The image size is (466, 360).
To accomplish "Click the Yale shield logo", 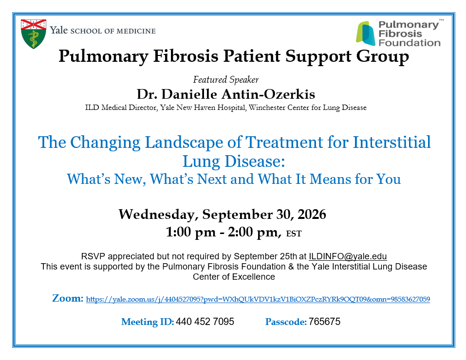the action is point(34,34).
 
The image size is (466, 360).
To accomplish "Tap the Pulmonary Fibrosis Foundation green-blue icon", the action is point(366,33).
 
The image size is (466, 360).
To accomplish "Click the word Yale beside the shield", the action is point(59,30).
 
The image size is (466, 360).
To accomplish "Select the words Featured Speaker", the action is point(226,80).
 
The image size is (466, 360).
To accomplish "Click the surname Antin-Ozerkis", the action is point(268,94).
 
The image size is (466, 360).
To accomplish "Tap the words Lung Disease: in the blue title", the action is point(234,162).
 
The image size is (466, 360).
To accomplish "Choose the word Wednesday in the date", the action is point(157,215).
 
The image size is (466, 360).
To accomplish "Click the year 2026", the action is point(312,214).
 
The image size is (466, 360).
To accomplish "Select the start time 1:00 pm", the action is point(191,232).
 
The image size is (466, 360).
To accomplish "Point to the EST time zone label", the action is point(294,234).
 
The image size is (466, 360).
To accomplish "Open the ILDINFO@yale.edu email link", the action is point(348,256).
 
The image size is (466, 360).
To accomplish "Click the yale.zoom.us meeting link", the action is point(258,299).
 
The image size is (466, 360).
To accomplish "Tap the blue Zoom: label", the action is point(68,298).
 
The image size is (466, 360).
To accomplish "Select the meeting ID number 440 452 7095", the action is point(205,322).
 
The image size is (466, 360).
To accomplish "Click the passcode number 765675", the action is point(324,322).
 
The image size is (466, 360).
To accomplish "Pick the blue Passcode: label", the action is point(286,322).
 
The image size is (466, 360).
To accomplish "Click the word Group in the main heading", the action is point(382,56).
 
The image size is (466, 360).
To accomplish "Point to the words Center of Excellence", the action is point(234,276).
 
